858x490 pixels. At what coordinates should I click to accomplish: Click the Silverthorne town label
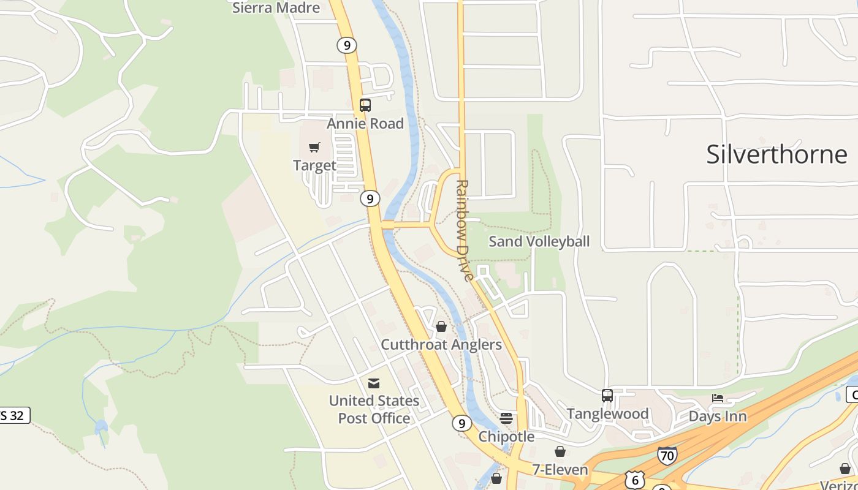(776, 154)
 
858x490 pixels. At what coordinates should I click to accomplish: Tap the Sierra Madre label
(276, 8)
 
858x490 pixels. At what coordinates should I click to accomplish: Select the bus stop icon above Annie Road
(365, 105)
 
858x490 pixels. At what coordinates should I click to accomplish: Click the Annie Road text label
(365, 124)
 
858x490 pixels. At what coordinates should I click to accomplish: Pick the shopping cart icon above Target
(314, 147)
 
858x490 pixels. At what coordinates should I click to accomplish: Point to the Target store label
(314, 165)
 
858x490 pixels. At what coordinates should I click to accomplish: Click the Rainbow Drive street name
(464, 230)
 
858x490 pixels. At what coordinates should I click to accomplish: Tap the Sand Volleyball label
(539, 241)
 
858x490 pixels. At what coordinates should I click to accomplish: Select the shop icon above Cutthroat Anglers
(441, 327)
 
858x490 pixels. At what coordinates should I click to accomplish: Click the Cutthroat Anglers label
(441, 345)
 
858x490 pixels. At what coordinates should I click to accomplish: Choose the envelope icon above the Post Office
(374, 383)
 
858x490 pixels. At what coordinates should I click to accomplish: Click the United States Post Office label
(374, 409)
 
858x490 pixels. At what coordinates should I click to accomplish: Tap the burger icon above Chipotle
(506, 418)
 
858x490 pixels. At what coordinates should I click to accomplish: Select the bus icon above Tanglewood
(607, 396)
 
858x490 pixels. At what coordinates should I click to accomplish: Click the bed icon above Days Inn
(718, 398)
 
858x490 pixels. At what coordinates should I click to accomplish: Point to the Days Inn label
(718, 417)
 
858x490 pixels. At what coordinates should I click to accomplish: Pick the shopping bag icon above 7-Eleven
(560, 452)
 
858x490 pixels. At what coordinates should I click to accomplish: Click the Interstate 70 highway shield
(667, 456)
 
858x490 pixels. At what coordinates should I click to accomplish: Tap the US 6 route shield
(635, 480)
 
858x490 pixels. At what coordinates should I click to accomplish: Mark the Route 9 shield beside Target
(370, 198)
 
